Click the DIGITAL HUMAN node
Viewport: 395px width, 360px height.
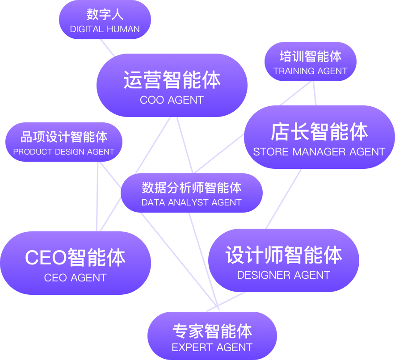105,20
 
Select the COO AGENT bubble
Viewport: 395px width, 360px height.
172,85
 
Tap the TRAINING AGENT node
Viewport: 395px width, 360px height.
311,62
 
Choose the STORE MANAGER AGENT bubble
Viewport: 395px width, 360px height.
319,137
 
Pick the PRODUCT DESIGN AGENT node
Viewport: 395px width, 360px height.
64,142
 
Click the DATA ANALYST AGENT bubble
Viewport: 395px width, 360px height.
192,193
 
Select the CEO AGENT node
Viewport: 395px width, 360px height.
75,263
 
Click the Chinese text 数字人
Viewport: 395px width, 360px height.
105,14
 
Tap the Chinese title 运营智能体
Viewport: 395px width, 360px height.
172,80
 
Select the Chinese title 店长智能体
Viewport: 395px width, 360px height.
319,132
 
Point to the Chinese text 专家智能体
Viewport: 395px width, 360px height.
212,331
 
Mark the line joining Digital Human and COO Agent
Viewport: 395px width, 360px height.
107,48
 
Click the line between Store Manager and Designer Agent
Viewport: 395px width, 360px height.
283,199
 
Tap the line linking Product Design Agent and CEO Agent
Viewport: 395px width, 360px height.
97,197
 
